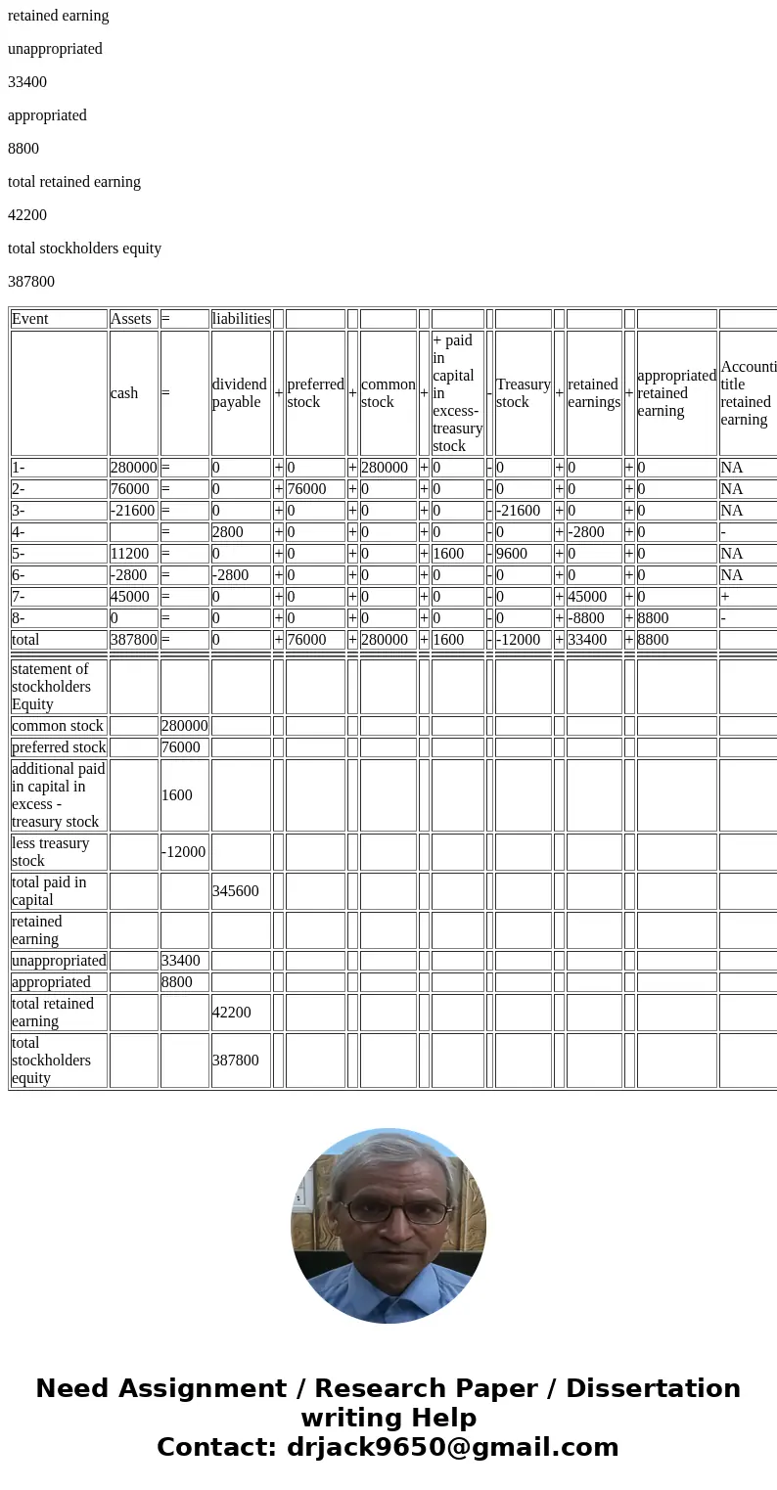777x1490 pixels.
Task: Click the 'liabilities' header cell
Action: click(241, 319)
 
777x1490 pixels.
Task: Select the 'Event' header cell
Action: click(59, 319)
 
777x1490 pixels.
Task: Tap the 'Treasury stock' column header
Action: click(523, 393)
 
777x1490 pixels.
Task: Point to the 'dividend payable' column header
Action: click(240, 393)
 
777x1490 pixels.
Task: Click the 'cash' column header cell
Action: click(133, 393)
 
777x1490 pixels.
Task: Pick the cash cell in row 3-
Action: click(133, 511)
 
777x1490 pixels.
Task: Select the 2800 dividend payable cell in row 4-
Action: click(240, 532)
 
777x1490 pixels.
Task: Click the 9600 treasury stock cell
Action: click(523, 554)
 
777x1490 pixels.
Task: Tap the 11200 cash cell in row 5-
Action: click(133, 554)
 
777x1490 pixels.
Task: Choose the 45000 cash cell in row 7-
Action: click(133, 597)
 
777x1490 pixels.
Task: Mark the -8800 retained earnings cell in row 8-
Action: click(593, 618)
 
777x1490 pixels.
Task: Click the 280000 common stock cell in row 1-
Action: click(388, 468)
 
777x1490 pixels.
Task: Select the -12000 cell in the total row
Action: click(523, 640)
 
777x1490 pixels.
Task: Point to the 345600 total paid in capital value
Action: click(240, 891)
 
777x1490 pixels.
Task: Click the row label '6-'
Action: click(59, 575)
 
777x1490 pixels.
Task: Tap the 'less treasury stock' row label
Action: click(59, 852)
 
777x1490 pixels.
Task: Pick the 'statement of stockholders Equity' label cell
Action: click(59, 687)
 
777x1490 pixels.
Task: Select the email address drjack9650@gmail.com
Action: click(452, 1448)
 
